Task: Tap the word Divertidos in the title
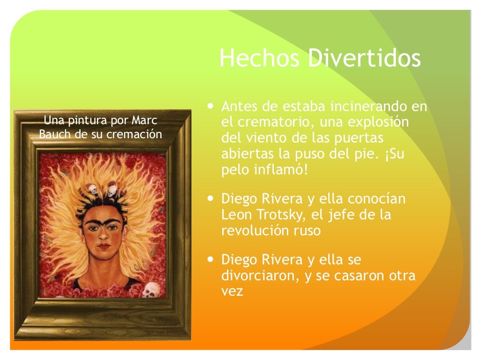click(364, 59)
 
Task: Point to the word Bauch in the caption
click(53, 135)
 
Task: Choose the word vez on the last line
click(232, 291)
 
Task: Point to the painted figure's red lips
click(104, 247)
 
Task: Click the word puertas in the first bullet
click(360, 138)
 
